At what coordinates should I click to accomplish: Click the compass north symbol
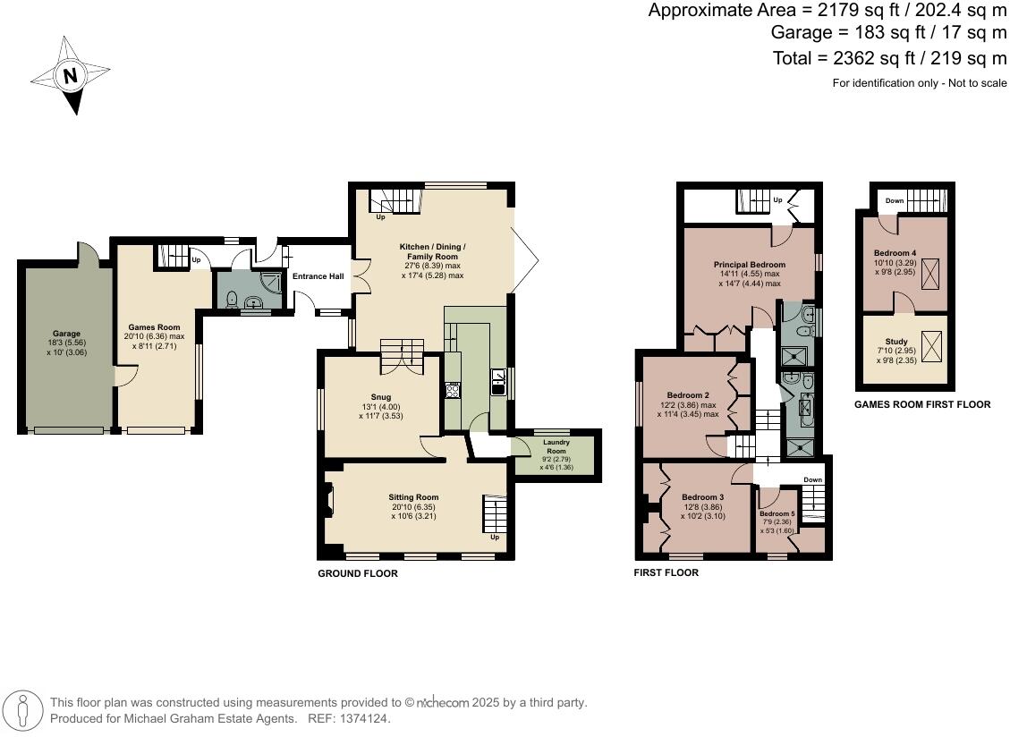tap(70, 76)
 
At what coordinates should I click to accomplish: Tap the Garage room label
tap(65, 333)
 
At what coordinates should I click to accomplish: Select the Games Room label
tap(154, 327)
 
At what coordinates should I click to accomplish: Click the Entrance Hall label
tap(318, 276)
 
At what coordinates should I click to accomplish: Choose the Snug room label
tap(381, 397)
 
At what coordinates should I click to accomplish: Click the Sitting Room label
tap(413, 497)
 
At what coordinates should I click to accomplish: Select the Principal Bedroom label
tap(749, 265)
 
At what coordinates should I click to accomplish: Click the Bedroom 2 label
tap(688, 395)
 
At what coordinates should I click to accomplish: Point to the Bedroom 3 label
tap(702, 497)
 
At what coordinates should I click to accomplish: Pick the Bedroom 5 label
tap(777, 514)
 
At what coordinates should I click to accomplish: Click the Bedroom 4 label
tap(895, 253)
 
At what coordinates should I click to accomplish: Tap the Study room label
tap(895, 341)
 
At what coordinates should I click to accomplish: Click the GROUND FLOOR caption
tap(358, 573)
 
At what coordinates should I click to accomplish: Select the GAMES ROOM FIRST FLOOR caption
tap(921, 404)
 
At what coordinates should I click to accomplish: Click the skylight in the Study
tap(930, 344)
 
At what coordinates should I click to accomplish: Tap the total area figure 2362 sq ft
tap(848, 58)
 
